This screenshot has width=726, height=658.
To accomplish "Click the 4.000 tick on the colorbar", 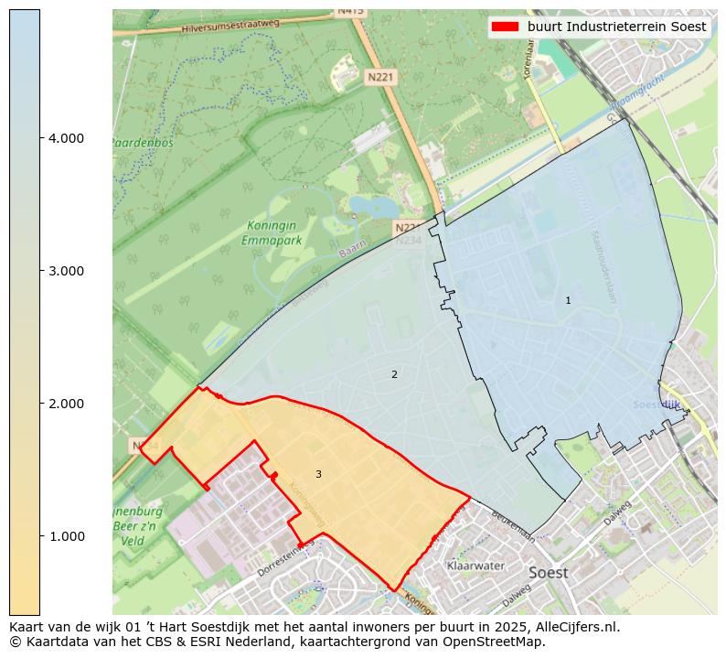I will click(x=65, y=138).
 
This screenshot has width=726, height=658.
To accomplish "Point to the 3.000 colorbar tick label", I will click(x=65, y=271).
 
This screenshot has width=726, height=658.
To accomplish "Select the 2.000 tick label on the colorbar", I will click(x=65, y=404).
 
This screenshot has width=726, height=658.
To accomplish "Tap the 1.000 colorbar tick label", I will click(x=65, y=536).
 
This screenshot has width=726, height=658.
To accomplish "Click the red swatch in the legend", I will click(x=505, y=27).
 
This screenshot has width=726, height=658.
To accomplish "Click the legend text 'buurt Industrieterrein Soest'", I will click(x=616, y=27).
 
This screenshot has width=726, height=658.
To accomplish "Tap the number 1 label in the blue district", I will click(x=568, y=300).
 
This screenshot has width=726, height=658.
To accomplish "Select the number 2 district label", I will click(x=394, y=374).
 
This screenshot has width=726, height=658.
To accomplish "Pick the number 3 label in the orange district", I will click(x=318, y=474).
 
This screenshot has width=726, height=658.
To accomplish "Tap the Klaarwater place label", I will click(x=475, y=566).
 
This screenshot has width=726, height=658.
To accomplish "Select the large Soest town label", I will click(x=548, y=573).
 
